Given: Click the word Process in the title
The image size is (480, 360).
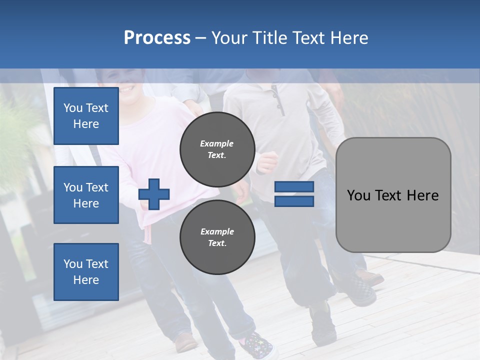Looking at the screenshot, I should point(157,38).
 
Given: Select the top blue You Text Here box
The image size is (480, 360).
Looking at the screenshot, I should point(86,116).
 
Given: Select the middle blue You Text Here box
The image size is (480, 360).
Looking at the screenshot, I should point(86,195).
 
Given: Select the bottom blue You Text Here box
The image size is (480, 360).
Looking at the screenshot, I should point(86,272).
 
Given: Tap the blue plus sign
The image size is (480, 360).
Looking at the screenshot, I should point(154,194).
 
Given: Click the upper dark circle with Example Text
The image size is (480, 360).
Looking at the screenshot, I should point(217,149).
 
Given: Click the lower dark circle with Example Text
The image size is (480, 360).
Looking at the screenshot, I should point(217,237).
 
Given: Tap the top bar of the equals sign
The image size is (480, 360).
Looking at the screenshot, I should point(294,187).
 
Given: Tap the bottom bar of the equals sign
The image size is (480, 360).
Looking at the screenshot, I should point(294,201).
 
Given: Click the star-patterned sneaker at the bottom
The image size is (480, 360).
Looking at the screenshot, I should point(257,345).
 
